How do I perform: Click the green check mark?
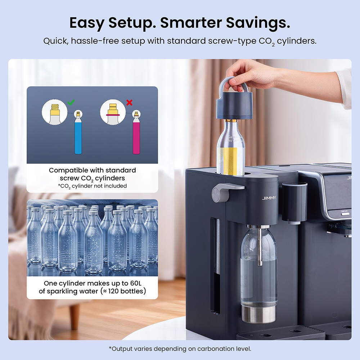click(x=71, y=102)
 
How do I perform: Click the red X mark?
click(x=129, y=102)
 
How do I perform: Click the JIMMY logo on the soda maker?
click(x=269, y=198)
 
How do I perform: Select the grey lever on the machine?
click(x=227, y=192)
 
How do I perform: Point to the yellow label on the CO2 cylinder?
click(x=230, y=161)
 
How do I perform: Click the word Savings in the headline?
click(x=258, y=23)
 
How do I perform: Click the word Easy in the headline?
click(x=87, y=23)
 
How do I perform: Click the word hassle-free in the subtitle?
click(x=95, y=41)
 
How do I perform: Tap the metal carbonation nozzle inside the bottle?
click(x=260, y=245)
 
